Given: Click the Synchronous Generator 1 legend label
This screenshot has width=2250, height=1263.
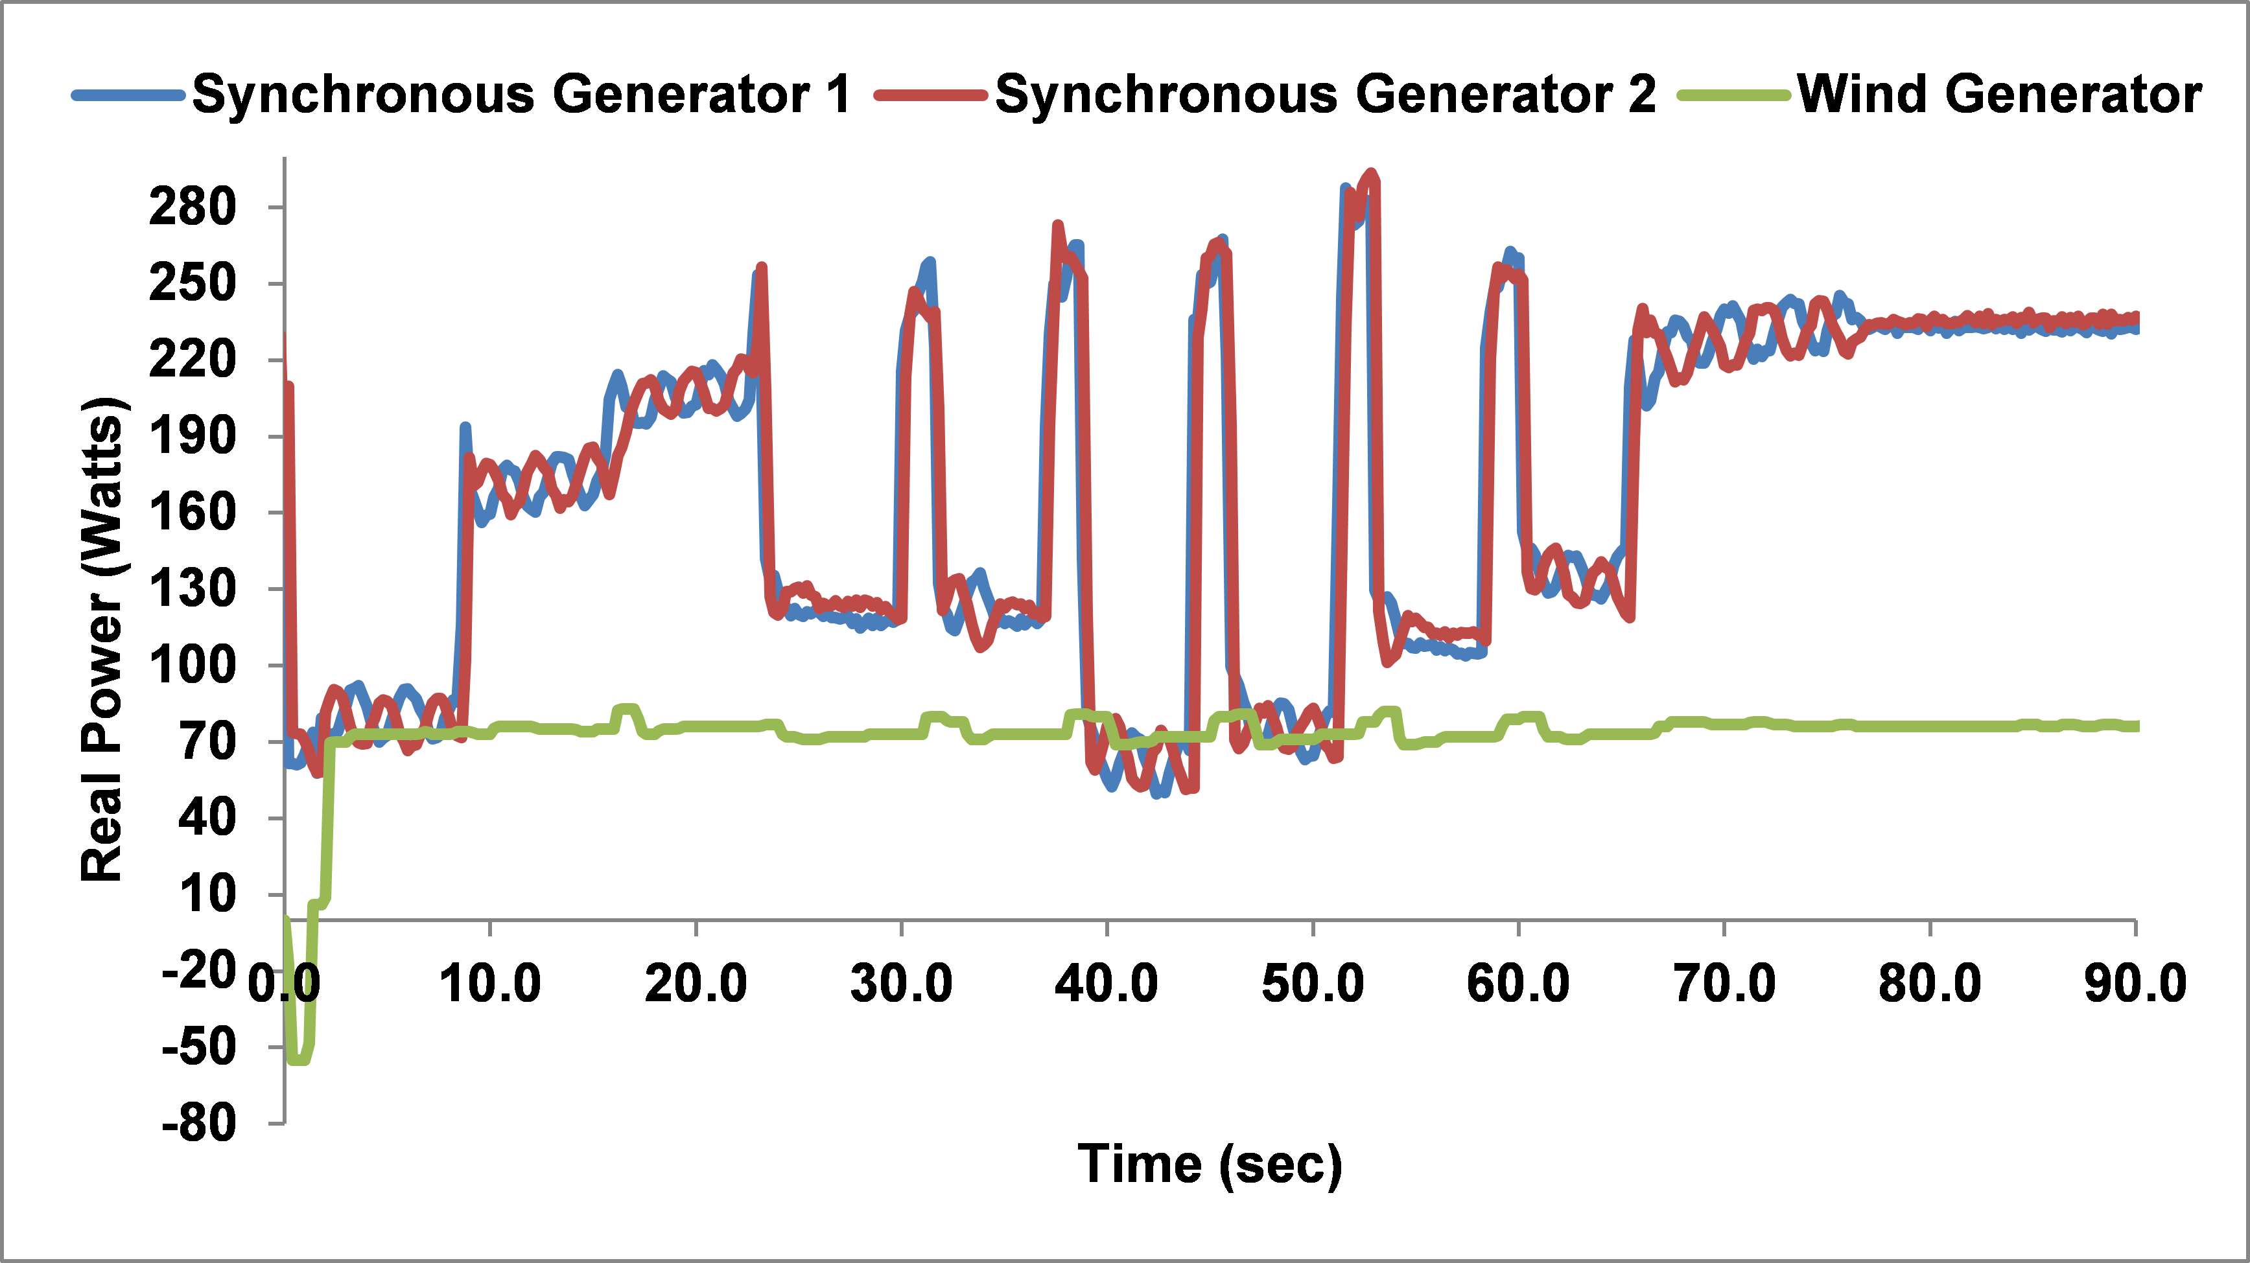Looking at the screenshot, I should [x=521, y=95].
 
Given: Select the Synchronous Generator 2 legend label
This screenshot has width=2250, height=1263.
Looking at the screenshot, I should [x=1324, y=95].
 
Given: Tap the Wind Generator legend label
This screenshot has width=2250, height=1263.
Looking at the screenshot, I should [x=1998, y=95].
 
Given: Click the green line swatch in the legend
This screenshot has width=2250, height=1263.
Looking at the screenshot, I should [x=1734, y=95].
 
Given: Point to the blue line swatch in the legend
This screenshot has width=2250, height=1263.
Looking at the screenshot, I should [x=128, y=95].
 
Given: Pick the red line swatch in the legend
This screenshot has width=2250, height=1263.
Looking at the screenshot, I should [x=931, y=95].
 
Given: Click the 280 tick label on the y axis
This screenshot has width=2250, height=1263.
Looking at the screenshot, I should [x=192, y=208].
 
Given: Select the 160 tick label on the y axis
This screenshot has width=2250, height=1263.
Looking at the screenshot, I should [x=192, y=513].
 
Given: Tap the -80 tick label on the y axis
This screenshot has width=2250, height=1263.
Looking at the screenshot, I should [x=199, y=1123].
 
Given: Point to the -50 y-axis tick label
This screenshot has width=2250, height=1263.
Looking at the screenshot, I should [x=199, y=1047].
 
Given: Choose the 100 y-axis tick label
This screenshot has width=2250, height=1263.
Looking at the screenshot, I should [x=192, y=666].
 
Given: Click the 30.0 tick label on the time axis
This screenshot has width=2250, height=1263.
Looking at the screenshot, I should [x=902, y=984].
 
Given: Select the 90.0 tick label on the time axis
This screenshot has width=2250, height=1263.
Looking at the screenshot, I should [x=2135, y=984].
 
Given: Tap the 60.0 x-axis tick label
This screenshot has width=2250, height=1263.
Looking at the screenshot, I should [x=1518, y=984].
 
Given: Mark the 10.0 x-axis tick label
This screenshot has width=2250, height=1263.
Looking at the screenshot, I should [x=490, y=984].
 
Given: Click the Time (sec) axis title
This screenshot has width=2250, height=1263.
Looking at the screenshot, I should [x=1210, y=1165].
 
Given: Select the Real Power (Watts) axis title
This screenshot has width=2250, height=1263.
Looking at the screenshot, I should [x=102, y=640].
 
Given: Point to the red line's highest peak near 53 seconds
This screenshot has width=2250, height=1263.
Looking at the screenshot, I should [x=1371, y=175].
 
